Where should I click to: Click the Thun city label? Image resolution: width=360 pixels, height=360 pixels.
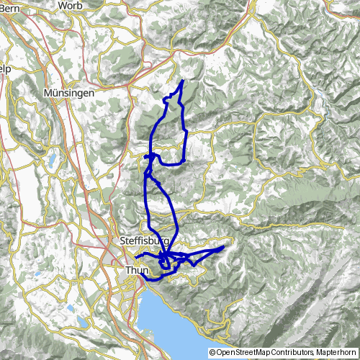(136, 270)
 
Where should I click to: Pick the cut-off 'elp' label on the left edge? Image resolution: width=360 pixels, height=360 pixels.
(5, 68)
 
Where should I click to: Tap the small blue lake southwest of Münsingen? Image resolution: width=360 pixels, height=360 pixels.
(53, 159)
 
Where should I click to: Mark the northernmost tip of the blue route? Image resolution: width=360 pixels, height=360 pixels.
(182, 81)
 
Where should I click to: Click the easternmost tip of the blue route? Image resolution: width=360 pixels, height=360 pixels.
(224, 247)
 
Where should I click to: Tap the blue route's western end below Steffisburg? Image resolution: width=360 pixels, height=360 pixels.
(135, 257)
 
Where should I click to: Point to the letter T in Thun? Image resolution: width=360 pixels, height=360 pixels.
(127, 270)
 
